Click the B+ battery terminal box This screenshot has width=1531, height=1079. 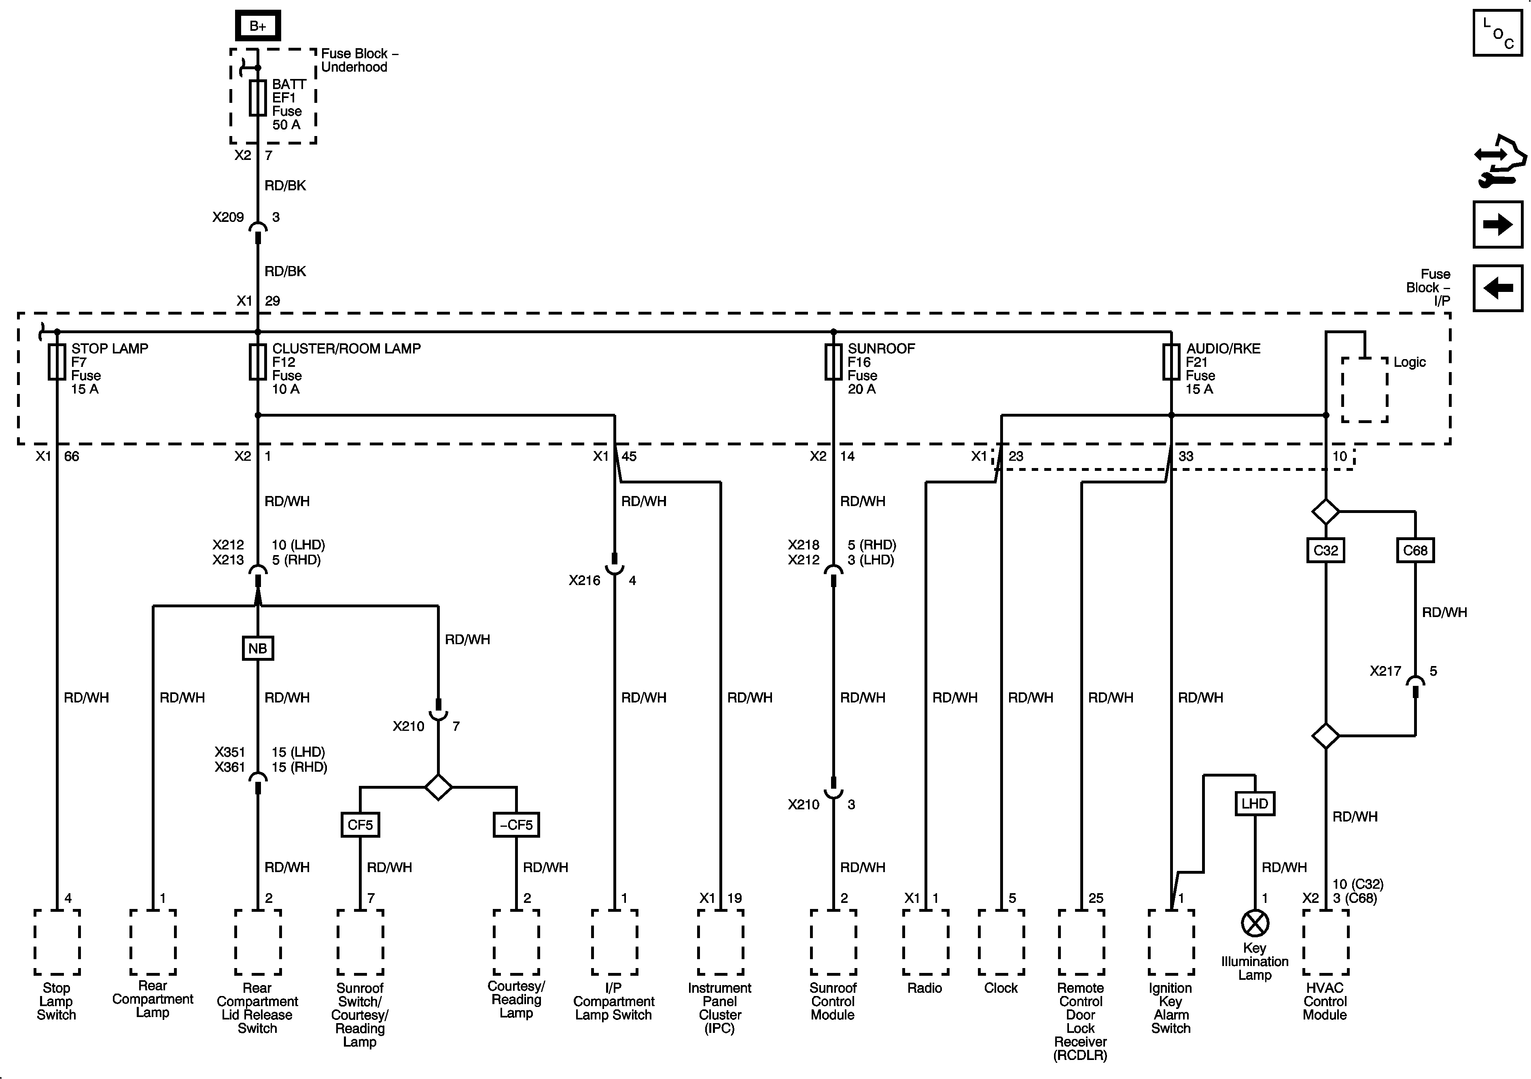click(257, 26)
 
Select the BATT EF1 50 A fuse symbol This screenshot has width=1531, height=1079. click(257, 98)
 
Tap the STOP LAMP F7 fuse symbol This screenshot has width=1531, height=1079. click(57, 362)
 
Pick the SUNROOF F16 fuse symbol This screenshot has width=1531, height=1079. click(833, 362)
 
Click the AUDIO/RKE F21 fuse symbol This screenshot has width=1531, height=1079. click(1171, 362)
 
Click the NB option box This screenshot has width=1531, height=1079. click(257, 648)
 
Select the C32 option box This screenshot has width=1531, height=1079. click(1325, 551)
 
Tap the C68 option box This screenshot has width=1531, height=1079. click(1415, 551)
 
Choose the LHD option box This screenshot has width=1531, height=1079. click(1254, 803)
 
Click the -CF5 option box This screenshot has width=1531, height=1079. click(516, 825)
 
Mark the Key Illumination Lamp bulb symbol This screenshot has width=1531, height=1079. click(1254, 924)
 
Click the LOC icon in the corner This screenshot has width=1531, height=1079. click(1497, 33)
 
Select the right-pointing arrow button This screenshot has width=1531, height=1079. click(1497, 224)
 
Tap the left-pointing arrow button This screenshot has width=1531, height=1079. click(1497, 288)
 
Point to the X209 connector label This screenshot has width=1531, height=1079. click(228, 217)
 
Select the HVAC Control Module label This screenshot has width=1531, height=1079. click(1325, 1001)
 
